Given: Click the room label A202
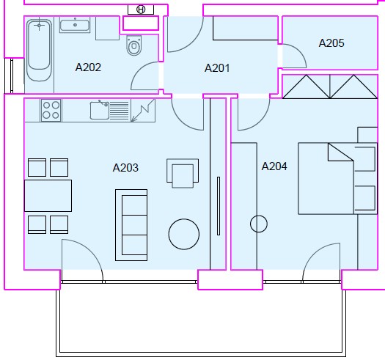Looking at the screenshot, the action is coord(88,67).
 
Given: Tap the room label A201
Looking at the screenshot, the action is coord(217,68).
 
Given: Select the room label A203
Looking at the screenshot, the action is coord(125,168).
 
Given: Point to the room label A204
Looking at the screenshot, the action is coord(274,166).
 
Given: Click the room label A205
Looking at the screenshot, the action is coord(331,43).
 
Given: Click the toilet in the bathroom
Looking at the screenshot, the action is coord(134,45).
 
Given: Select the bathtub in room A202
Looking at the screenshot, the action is coord(40,51).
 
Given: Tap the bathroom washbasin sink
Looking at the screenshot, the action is coord(75,24).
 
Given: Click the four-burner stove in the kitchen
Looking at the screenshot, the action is coord(51,110).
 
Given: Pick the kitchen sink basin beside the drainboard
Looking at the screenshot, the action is coord(100,111).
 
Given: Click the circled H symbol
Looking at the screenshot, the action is coord(141,10).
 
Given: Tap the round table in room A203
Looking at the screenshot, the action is coord(184,234).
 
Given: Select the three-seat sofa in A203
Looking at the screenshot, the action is coord(131,225).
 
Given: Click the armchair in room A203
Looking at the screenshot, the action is coord(183,173).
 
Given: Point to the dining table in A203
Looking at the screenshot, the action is coord(48,196).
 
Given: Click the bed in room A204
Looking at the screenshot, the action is coord(337,178).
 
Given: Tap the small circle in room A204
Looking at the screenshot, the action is coord(259,224).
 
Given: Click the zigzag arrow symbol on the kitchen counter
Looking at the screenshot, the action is coord(143,111).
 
